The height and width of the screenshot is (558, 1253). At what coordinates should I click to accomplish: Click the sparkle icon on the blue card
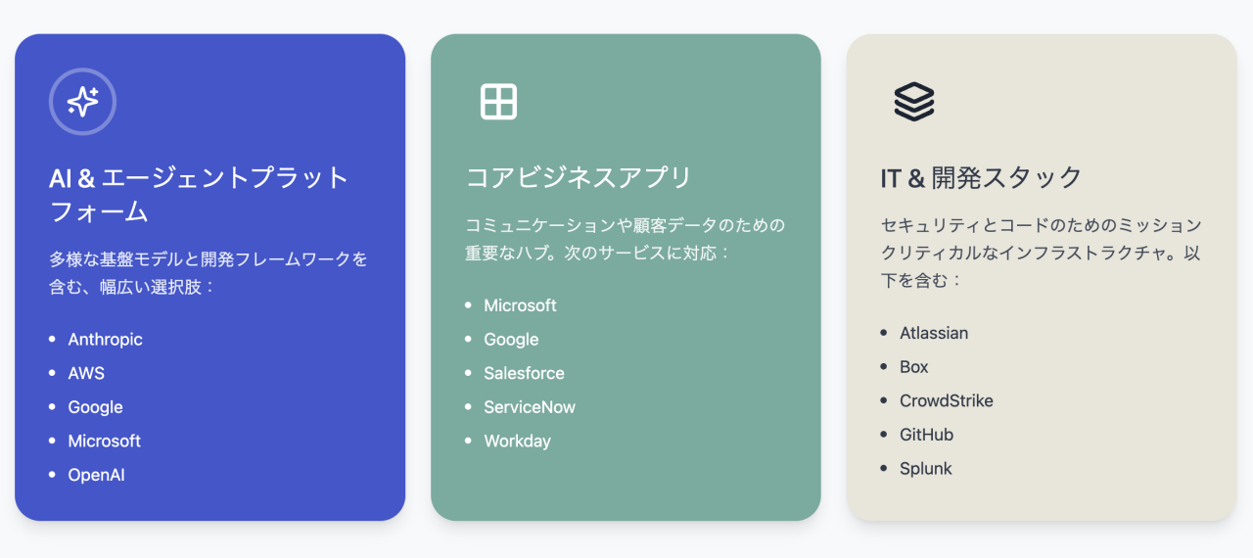tap(83, 102)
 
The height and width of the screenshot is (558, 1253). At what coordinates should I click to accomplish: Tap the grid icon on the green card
tap(498, 102)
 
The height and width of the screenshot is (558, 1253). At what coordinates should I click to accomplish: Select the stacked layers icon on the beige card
tap(914, 102)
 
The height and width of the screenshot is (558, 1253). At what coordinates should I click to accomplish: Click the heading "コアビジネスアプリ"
tap(579, 177)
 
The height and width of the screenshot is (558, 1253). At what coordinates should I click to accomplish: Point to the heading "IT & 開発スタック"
tap(981, 177)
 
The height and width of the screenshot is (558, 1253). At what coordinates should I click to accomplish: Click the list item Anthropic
tap(105, 340)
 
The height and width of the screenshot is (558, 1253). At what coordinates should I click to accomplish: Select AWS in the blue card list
tap(86, 373)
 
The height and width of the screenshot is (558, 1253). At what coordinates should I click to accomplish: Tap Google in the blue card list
tap(95, 407)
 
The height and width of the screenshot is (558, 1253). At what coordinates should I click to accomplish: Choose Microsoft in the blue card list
tap(104, 441)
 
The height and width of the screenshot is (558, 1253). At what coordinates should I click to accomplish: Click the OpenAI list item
tap(96, 475)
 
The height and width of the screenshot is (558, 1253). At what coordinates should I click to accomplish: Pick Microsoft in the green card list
tap(520, 305)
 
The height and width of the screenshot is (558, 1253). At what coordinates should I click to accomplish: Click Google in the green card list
tap(511, 340)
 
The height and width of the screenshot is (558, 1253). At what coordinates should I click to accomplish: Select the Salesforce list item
tap(524, 373)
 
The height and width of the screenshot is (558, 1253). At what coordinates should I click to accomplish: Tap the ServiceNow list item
tap(530, 407)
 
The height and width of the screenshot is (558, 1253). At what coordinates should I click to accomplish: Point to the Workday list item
tap(517, 441)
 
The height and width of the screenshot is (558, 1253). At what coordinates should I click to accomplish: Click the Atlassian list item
tap(934, 333)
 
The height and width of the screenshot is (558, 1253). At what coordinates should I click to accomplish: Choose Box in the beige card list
tap(914, 367)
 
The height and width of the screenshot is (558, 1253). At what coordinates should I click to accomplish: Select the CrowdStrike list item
tap(947, 400)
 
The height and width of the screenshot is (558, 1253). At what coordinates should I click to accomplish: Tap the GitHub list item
tap(926, 435)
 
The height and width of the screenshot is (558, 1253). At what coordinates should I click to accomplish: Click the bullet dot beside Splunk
tap(884, 469)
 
